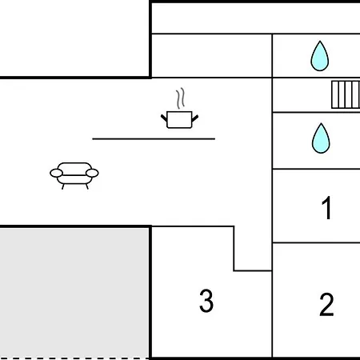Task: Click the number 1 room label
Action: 326,207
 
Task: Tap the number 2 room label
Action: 326,304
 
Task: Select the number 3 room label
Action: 206,301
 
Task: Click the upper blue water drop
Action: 320,56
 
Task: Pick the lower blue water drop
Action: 321,138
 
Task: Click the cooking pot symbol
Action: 179,120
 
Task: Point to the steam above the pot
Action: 181,98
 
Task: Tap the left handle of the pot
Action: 164,118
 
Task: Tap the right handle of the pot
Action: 195,118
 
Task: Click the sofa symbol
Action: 74,175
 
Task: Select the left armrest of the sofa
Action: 56,173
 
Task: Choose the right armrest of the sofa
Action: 92,173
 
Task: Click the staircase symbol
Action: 346,94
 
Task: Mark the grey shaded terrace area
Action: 74,293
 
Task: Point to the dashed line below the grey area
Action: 74,358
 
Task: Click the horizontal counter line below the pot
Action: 154,138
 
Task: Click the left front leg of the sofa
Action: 63,186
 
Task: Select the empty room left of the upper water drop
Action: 212,56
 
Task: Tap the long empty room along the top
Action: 256,18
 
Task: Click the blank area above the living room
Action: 74,38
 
